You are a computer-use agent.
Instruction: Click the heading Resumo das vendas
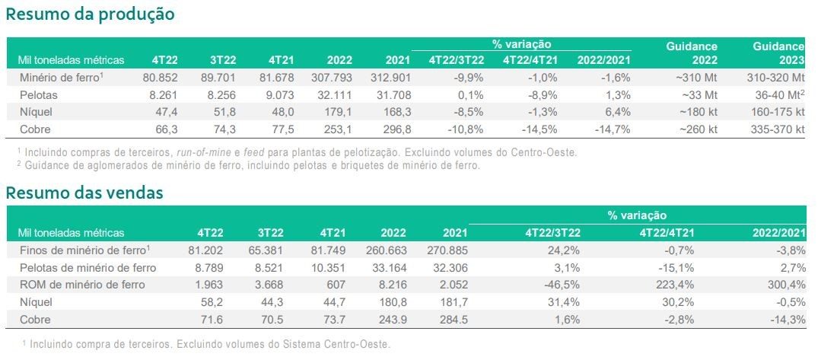pyautogui.click(x=84, y=193)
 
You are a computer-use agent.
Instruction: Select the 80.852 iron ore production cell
pyautogui.click(x=160, y=78)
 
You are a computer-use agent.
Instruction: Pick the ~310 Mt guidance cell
pyautogui.click(x=696, y=78)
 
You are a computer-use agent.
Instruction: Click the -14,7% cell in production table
pyautogui.click(x=616, y=129)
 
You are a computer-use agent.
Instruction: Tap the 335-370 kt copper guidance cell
pyautogui.click(x=777, y=129)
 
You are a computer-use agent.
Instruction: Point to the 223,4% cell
pyautogui.click(x=675, y=285)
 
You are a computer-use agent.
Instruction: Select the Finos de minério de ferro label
pyautogui.click(x=84, y=250)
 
